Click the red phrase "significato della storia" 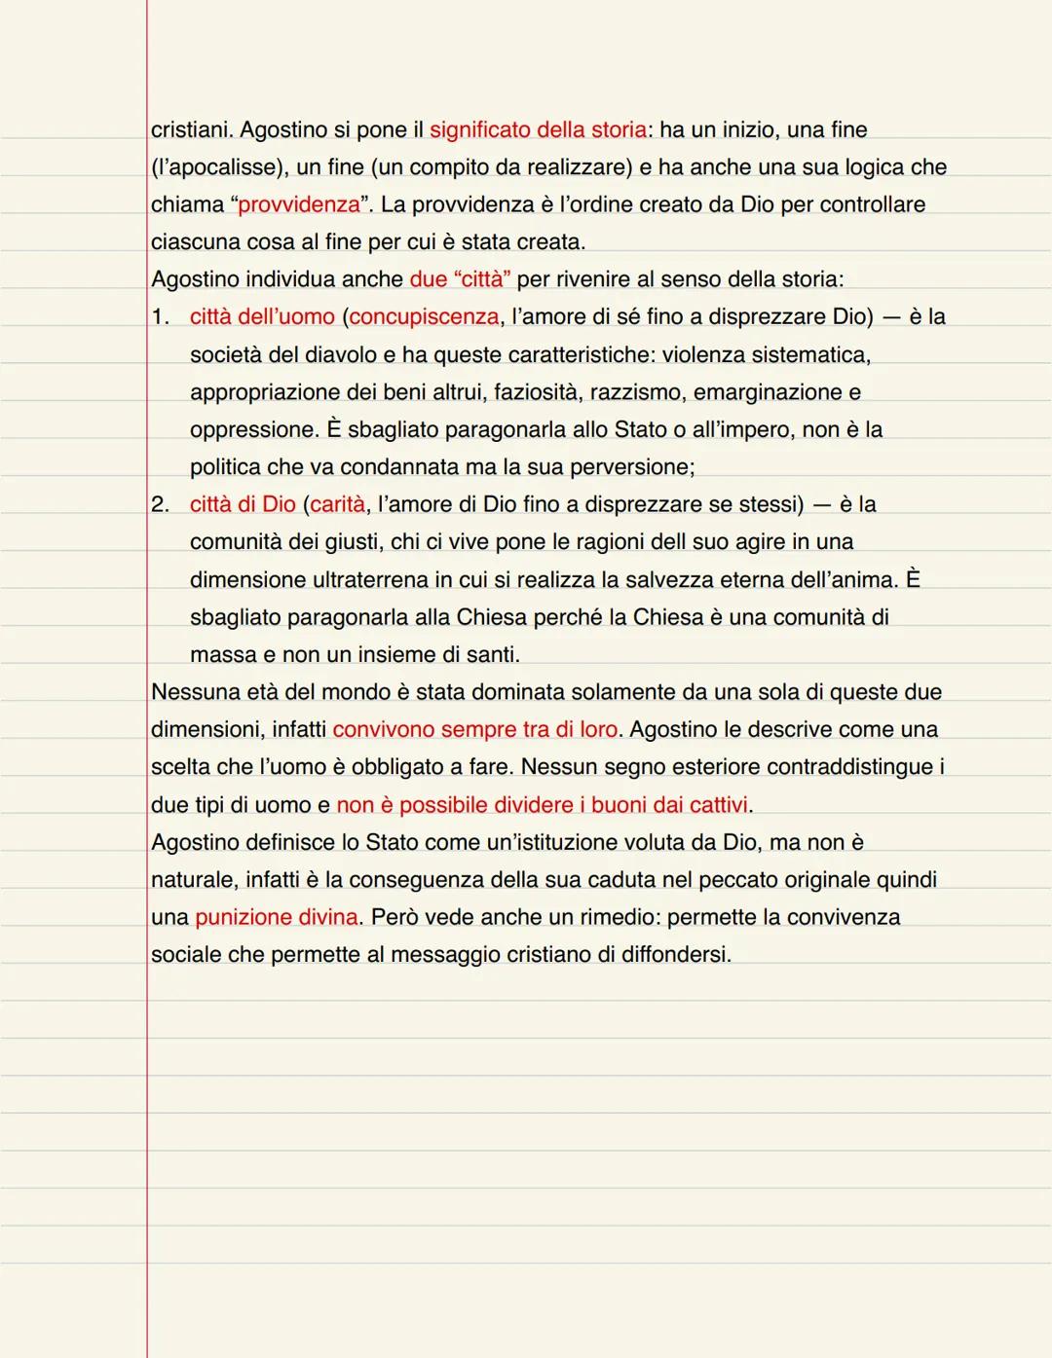(538, 129)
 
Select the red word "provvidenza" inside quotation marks (299, 205)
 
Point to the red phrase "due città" (460, 279)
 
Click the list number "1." (161, 317)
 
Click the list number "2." (161, 504)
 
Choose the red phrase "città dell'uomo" (262, 317)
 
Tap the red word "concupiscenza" (424, 317)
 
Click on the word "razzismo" (635, 392)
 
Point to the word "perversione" (631, 467)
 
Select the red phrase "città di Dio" (243, 504)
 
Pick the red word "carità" (337, 504)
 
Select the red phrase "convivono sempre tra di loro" (474, 730)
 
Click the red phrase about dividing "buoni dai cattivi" (542, 805)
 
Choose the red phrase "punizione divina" (276, 917)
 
